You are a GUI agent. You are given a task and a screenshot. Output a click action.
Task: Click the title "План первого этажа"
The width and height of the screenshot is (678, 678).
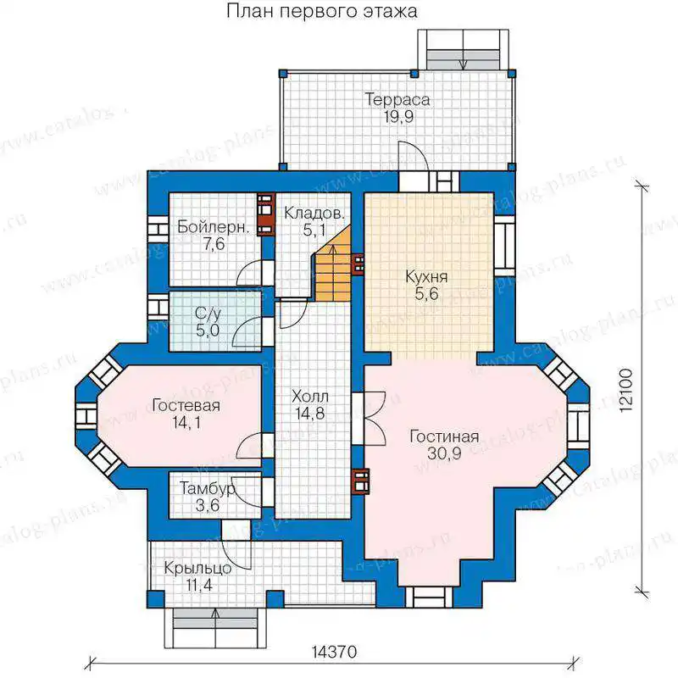pyautogui.click(x=322, y=12)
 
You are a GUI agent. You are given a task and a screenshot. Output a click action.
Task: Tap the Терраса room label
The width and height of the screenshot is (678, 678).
pyautogui.click(x=397, y=99)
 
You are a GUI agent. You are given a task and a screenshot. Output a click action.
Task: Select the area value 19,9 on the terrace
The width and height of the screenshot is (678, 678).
pyautogui.click(x=398, y=116)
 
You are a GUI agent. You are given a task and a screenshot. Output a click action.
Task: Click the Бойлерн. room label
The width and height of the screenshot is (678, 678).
pyautogui.click(x=214, y=227)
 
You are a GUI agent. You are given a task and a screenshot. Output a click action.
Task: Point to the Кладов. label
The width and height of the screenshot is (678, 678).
pyautogui.click(x=314, y=214)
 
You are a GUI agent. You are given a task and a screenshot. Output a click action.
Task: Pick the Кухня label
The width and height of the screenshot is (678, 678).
pyautogui.click(x=426, y=276)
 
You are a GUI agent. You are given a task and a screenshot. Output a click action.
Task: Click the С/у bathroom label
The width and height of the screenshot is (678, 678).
pyautogui.click(x=208, y=314)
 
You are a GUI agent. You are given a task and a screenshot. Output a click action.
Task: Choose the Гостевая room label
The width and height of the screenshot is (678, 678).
pyautogui.click(x=186, y=405)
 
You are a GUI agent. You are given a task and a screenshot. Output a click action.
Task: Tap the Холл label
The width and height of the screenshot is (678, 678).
pyautogui.click(x=310, y=396)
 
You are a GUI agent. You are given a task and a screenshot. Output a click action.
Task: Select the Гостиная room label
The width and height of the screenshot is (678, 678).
pyautogui.click(x=444, y=436)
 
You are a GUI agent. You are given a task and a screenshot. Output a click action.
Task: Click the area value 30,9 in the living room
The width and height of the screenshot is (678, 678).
pyautogui.click(x=444, y=453)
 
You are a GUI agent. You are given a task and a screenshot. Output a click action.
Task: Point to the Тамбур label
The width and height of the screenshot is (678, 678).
pyautogui.click(x=208, y=489)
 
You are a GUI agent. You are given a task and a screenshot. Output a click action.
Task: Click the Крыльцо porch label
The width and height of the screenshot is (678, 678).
pyautogui.click(x=197, y=568)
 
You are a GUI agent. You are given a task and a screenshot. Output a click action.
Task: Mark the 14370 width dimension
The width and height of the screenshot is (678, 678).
pyautogui.click(x=334, y=651)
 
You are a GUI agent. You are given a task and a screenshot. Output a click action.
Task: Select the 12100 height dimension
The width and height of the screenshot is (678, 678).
pyautogui.click(x=625, y=391)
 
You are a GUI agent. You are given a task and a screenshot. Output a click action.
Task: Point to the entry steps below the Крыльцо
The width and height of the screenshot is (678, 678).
pyautogui.click(x=215, y=627)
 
